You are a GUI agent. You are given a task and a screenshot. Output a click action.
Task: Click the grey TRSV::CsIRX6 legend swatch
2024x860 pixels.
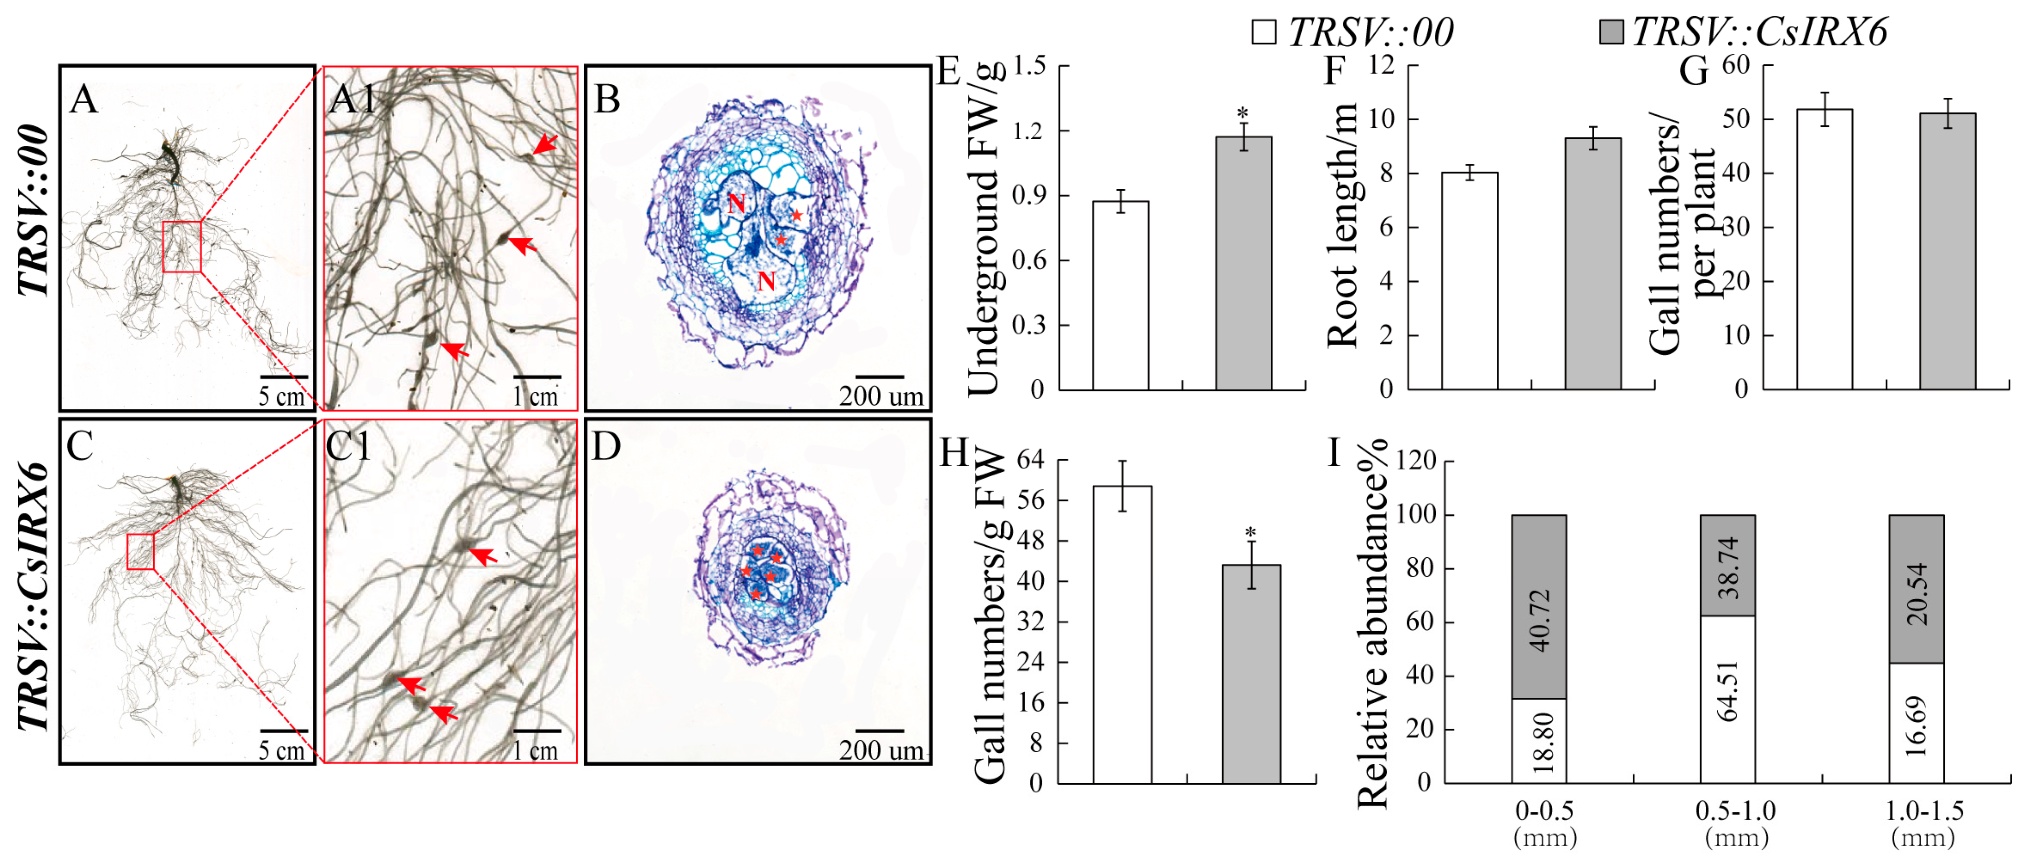(1611, 32)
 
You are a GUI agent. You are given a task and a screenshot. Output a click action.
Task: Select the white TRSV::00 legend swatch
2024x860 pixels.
(1264, 32)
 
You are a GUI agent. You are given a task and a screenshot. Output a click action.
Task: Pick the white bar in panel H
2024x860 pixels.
(1122, 634)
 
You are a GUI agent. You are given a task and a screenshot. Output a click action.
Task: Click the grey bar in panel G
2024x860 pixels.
(1947, 251)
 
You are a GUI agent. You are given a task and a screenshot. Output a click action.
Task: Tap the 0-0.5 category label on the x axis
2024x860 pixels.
(1545, 810)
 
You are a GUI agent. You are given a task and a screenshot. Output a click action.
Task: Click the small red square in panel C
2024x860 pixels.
(141, 552)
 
